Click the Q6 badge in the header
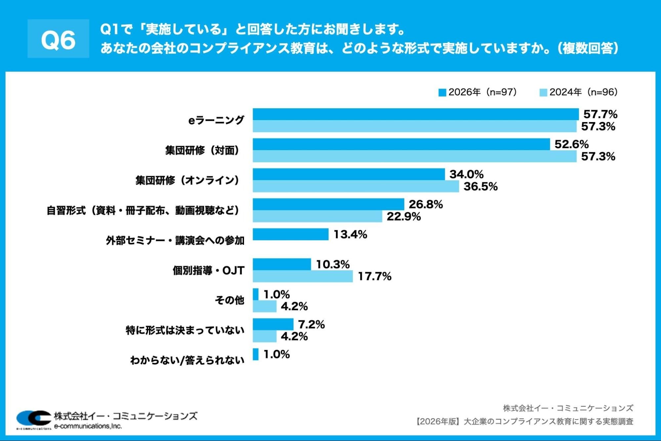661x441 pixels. pos(58,39)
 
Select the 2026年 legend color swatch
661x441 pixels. pos(442,93)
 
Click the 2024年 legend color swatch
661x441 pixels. pos(543,93)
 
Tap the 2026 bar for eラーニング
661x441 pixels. pos(415,114)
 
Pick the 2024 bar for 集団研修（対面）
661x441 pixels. pos(414,156)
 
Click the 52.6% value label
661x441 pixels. pos(571,144)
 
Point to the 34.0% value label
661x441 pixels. pos(466,174)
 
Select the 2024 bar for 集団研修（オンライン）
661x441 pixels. pos(356,186)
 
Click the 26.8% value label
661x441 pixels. pos(426,204)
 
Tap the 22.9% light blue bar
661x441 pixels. pos(317,216)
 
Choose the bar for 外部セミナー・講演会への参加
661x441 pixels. pos(290,234)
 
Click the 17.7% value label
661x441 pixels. pos(374,276)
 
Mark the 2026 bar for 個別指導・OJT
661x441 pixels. pos(282,264)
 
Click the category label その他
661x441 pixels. pos(229,300)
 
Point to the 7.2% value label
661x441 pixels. pos(311,325)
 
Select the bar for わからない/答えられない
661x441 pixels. pos(256,354)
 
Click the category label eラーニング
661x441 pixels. pos(216,120)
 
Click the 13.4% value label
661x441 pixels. pos(350,235)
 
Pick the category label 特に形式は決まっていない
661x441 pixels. pos(185,330)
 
